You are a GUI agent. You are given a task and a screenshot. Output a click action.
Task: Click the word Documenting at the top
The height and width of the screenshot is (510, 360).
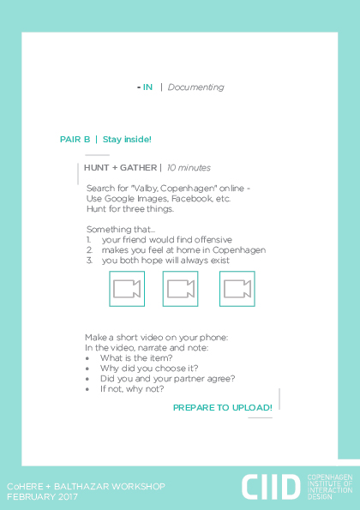pos(195,87)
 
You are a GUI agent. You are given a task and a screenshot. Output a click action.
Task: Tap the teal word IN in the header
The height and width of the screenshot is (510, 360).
pos(147,87)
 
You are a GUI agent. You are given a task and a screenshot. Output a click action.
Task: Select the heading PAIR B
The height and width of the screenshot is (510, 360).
pos(75,140)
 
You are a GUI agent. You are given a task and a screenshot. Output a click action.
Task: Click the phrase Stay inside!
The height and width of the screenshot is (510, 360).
pos(127,140)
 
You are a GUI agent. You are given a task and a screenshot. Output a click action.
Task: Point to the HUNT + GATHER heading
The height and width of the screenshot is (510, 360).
pos(120,168)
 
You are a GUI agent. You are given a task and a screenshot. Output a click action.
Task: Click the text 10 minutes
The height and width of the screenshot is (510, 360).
pos(189,168)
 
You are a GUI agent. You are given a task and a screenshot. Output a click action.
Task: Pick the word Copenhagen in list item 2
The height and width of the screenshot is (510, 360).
pos(239,250)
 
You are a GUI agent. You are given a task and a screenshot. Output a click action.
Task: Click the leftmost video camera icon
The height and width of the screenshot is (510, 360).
pos(127,289)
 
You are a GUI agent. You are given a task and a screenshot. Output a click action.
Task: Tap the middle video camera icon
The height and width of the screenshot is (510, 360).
pos(181,289)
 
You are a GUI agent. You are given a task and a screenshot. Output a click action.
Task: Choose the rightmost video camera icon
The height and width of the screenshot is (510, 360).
pos(237,289)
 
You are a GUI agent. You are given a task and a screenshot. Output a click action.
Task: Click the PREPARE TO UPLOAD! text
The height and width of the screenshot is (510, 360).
pos(223,408)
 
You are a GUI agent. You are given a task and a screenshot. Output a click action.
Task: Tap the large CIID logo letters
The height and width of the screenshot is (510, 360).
pos(271,487)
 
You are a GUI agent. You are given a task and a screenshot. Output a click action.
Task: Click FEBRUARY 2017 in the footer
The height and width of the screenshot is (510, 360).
pos(42,497)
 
